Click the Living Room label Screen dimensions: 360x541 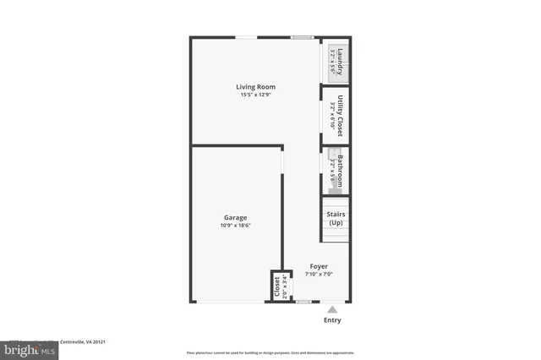click(x=254, y=86)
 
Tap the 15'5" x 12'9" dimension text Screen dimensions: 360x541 click(x=254, y=95)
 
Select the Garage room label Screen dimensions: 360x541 click(x=235, y=217)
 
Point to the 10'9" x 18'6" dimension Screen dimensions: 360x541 click(x=236, y=226)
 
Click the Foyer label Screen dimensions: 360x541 click(x=318, y=266)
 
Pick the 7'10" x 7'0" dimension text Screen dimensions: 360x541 click(x=318, y=274)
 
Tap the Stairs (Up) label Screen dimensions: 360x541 click(x=336, y=218)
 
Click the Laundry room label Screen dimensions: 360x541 click(x=341, y=62)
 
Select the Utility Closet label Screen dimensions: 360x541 click(x=341, y=117)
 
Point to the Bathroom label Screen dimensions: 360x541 click(x=341, y=171)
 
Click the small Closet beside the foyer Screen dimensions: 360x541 click(x=277, y=286)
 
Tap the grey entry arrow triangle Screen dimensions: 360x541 click(x=333, y=310)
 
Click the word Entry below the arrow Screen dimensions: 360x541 click(x=333, y=321)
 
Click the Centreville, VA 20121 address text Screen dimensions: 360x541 click(x=80, y=342)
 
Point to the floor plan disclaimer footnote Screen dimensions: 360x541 click(x=270, y=352)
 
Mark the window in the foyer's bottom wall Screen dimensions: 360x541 click(x=303, y=302)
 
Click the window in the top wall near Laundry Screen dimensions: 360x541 click(x=303, y=37)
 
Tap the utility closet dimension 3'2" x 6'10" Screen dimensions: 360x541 click(x=332, y=117)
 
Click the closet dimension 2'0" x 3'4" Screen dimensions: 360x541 click(x=285, y=286)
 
